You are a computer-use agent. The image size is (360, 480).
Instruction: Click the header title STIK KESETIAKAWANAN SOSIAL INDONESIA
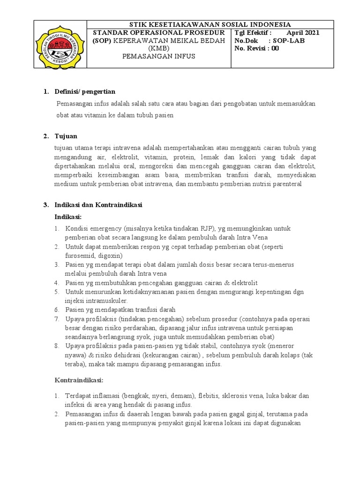click(x=210, y=24)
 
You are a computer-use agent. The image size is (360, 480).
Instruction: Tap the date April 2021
click(x=303, y=32)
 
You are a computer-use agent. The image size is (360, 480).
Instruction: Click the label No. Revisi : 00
click(x=256, y=48)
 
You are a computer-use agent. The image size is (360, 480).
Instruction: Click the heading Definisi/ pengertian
click(x=85, y=91)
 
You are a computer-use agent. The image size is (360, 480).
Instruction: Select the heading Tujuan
click(x=66, y=136)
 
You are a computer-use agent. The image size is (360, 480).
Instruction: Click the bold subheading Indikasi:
click(x=68, y=217)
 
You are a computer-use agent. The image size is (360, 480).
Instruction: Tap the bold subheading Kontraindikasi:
click(x=79, y=379)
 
